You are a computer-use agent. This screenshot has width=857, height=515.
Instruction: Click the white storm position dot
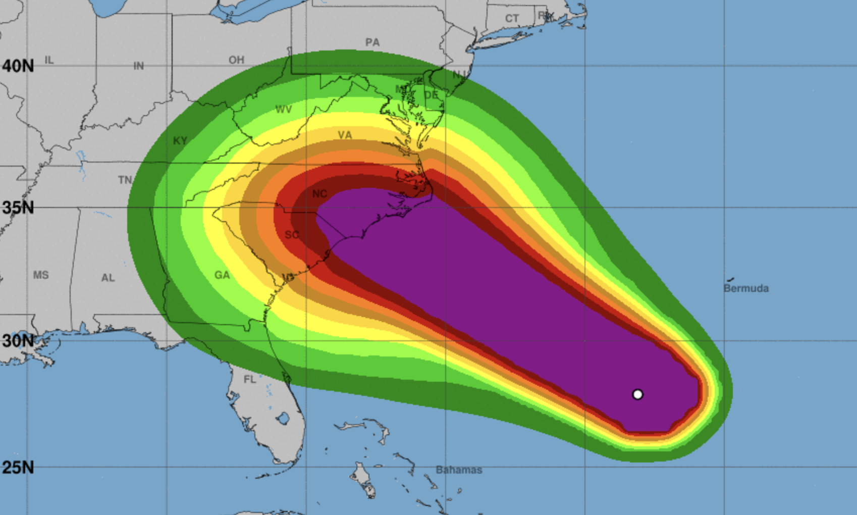[x=637, y=394]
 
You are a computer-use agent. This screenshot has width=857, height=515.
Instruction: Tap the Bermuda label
[x=746, y=288]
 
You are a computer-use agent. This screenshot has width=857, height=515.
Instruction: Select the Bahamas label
[x=459, y=470]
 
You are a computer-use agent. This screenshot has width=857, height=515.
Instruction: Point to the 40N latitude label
[x=18, y=66]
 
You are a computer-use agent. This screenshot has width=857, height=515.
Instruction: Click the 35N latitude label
[x=18, y=207]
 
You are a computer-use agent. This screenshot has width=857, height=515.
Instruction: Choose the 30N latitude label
[x=18, y=340]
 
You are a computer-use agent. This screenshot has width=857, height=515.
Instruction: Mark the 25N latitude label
[x=18, y=467]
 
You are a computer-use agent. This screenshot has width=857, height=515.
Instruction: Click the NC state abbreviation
[x=319, y=194]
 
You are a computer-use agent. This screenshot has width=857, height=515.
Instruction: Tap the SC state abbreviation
[x=292, y=235]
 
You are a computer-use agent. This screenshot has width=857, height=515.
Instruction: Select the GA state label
[x=222, y=275]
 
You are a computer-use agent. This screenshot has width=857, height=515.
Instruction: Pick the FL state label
[x=250, y=379]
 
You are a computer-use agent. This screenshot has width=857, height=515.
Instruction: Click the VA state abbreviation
[x=345, y=135]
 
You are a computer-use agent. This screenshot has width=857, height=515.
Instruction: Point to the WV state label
[x=284, y=109]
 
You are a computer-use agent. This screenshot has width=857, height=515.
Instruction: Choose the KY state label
[x=180, y=141]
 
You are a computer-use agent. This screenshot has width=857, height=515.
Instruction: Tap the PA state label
[x=372, y=42]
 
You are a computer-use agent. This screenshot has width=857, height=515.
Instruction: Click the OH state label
[x=236, y=60]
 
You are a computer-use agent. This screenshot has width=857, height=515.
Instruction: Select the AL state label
[x=108, y=278]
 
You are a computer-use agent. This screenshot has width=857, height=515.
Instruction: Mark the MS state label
[x=41, y=275]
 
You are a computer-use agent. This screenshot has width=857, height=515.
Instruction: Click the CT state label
[x=512, y=19]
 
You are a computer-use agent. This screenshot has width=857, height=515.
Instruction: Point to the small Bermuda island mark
[x=730, y=279]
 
